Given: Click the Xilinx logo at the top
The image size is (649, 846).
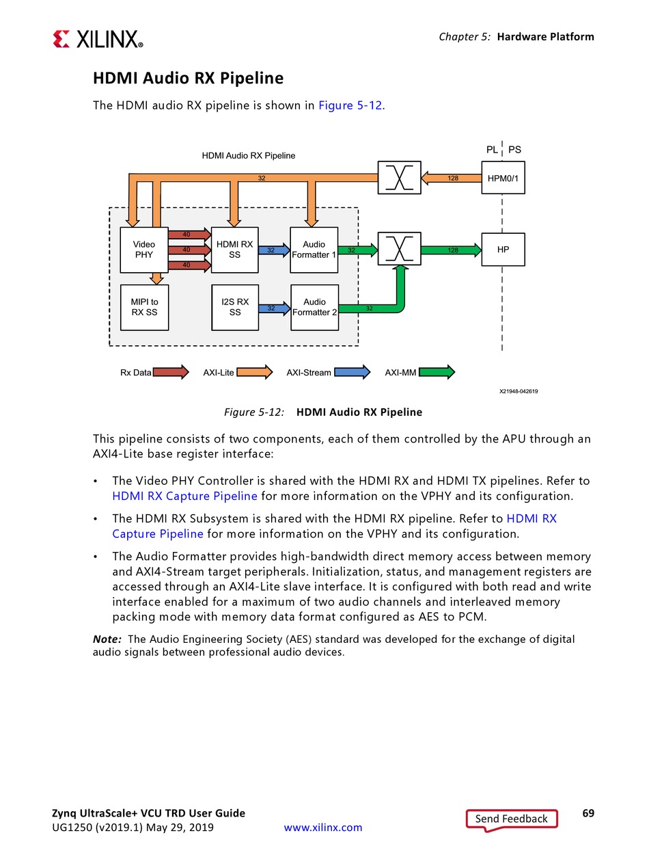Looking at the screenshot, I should pyautogui.click(x=98, y=39).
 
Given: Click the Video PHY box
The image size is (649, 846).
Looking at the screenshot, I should pyautogui.click(x=144, y=250).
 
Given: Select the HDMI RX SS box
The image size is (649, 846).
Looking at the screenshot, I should pyautogui.click(x=234, y=250).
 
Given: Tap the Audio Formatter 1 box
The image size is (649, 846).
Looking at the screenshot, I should pyautogui.click(x=314, y=250).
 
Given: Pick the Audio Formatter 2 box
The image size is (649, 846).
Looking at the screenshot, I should pyautogui.click(x=314, y=307).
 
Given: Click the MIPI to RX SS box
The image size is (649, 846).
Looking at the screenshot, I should pyautogui.click(x=144, y=307).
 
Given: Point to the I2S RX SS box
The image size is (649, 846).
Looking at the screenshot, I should pyautogui.click(x=234, y=307).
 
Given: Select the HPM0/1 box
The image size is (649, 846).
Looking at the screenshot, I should pyautogui.click(x=503, y=178).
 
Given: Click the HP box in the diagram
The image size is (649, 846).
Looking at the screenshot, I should pyautogui.click(x=503, y=250).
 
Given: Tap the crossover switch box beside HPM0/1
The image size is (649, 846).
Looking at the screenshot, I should pyautogui.click(x=399, y=178).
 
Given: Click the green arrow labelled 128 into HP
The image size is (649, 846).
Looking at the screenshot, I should pyautogui.click(x=452, y=250).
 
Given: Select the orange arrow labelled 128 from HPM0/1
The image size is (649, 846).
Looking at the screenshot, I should pyautogui.click(x=452, y=179).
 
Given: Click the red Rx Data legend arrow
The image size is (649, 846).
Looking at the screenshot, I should pyautogui.click(x=171, y=372).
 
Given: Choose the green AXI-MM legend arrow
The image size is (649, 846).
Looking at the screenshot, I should pyautogui.click(x=437, y=372).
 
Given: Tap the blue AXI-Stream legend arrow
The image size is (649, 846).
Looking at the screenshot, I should pyautogui.click(x=352, y=372).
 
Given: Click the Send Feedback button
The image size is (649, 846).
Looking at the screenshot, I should pyautogui.click(x=512, y=819).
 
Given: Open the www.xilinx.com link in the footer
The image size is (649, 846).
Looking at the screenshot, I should pyautogui.click(x=323, y=828).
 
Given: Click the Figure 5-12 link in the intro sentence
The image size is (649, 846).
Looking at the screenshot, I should pyautogui.click(x=350, y=105).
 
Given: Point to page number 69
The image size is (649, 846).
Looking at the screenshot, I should pyautogui.click(x=588, y=813).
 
